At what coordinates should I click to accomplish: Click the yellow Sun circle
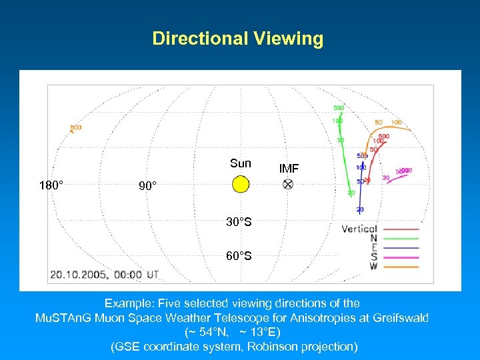click(x=241, y=184)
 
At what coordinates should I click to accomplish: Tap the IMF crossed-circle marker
click(x=288, y=184)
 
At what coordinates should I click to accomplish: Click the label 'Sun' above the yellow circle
click(x=241, y=163)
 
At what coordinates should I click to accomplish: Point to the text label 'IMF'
click(x=289, y=169)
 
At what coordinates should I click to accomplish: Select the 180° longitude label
click(x=51, y=185)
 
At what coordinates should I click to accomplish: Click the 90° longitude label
click(x=148, y=185)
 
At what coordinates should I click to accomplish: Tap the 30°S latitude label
click(x=239, y=222)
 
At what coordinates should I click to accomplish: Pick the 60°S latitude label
click(x=239, y=255)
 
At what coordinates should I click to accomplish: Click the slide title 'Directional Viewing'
click(x=238, y=39)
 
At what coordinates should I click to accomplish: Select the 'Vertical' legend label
click(x=359, y=229)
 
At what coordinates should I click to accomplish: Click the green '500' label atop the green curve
click(x=339, y=108)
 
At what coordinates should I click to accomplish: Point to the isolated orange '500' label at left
click(x=76, y=127)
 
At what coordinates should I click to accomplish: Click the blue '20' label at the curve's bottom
click(x=360, y=209)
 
